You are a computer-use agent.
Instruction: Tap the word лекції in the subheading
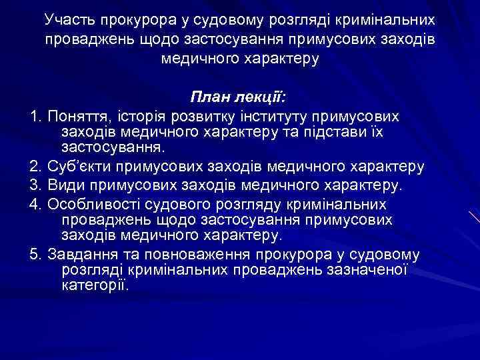tap(261, 97)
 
